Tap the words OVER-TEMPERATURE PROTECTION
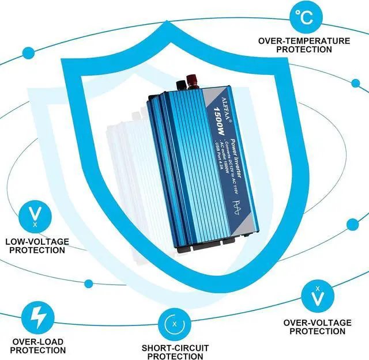(303, 46)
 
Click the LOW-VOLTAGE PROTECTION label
(36, 246)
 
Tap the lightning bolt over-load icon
(37, 316)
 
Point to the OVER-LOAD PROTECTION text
(37, 346)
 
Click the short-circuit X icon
(175, 323)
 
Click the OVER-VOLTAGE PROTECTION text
(317, 327)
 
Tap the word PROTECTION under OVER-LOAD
(37, 350)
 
